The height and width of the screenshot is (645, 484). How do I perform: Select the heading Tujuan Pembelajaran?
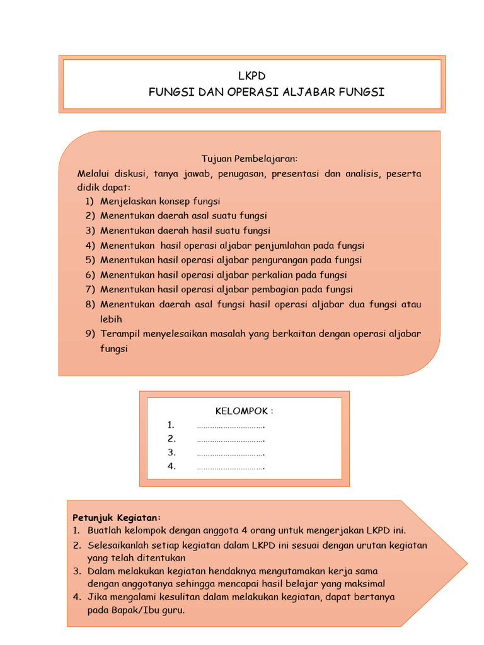point(249,159)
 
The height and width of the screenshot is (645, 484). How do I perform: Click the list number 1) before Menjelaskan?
point(89,202)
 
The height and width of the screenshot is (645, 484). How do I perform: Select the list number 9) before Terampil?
point(89,334)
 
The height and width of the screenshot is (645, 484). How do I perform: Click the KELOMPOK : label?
point(245,411)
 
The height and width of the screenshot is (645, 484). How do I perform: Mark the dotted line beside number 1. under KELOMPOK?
point(231,426)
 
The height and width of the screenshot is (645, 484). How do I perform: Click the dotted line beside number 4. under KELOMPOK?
point(231,467)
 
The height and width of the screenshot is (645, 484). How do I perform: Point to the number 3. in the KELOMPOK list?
point(171,453)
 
